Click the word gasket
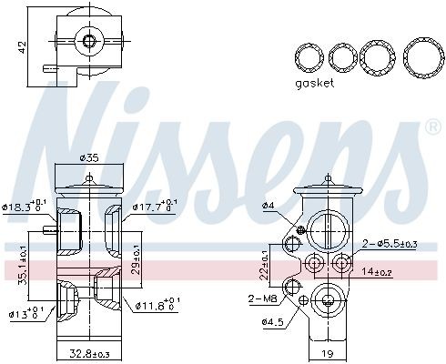(x=314, y=83)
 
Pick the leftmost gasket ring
(x=310, y=57)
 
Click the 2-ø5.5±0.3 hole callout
(x=390, y=244)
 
